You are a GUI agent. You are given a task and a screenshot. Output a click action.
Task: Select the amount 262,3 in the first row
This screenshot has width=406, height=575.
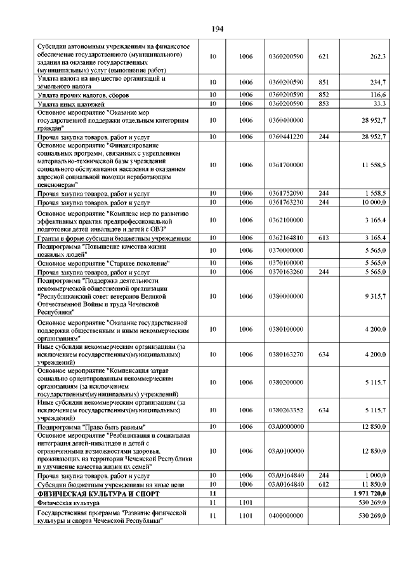(x=378, y=57)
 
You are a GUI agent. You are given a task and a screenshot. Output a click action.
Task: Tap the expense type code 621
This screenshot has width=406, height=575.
(x=323, y=57)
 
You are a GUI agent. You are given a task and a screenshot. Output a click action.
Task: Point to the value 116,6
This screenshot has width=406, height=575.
(x=379, y=95)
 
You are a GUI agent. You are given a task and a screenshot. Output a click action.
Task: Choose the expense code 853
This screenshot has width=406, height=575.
(x=323, y=104)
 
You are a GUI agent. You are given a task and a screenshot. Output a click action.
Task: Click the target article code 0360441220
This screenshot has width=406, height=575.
(x=285, y=137)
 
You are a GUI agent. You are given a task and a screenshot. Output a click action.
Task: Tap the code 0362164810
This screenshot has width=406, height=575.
(x=285, y=238)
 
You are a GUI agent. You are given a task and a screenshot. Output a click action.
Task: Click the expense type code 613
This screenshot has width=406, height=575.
(x=323, y=238)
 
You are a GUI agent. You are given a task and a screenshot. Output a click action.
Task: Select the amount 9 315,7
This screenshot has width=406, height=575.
(x=376, y=296)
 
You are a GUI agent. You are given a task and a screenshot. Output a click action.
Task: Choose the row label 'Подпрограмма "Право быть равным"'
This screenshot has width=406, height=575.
(x=92, y=426)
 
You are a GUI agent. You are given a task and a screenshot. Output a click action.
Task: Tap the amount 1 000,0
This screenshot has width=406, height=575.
(x=376, y=475)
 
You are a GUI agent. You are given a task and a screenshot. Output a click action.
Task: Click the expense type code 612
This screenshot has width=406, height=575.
(x=323, y=485)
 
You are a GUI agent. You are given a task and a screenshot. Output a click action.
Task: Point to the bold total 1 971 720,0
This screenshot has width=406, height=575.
(x=369, y=494)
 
